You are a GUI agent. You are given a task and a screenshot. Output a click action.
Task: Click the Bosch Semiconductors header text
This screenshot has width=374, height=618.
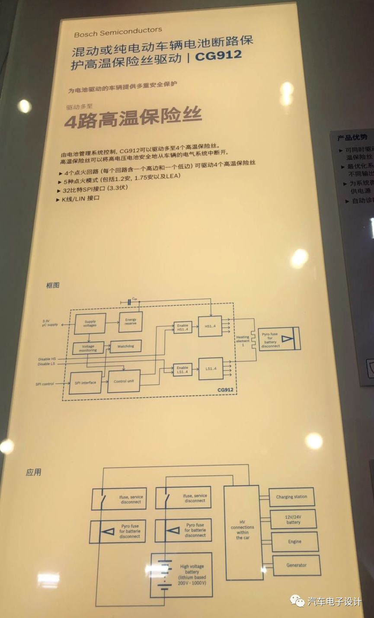(x=118, y=32)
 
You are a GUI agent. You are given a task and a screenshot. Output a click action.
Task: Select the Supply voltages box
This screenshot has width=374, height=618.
(x=90, y=323)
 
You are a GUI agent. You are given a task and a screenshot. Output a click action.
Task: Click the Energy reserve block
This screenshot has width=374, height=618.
(x=131, y=322)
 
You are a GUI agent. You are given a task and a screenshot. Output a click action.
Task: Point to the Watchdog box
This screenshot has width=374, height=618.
(x=125, y=346)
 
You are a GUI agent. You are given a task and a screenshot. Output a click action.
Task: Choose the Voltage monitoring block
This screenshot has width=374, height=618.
(x=88, y=348)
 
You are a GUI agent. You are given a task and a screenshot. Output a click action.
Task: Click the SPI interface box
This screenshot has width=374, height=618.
(x=85, y=382)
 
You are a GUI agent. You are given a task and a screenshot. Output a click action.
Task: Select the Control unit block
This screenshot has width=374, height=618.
(x=124, y=381)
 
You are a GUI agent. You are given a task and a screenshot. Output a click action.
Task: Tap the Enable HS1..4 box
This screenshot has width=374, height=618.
(x=182, y=328)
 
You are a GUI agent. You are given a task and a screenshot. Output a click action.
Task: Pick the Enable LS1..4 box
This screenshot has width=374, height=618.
(x=182, y=370)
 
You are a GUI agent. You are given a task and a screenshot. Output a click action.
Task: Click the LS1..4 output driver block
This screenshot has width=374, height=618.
(x=211, y=368)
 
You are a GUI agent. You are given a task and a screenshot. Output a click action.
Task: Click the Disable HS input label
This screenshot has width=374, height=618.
(x=47, y=359)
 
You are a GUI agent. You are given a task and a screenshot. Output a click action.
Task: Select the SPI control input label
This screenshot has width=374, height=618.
(x=45, y=384)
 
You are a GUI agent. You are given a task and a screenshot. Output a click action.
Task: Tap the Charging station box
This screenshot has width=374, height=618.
(x=291, y=497)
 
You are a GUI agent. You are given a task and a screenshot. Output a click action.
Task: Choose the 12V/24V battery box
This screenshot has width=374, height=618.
(x=293, y=519)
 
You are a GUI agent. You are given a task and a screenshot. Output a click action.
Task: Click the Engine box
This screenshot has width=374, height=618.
(x=295, y=541)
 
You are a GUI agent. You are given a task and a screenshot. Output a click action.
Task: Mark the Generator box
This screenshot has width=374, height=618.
(x=297, y=565)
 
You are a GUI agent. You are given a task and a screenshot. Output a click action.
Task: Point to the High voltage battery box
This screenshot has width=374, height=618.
(x=182, y=574)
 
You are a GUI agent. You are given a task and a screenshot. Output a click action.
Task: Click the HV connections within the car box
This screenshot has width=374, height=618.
(x=243, y=532)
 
